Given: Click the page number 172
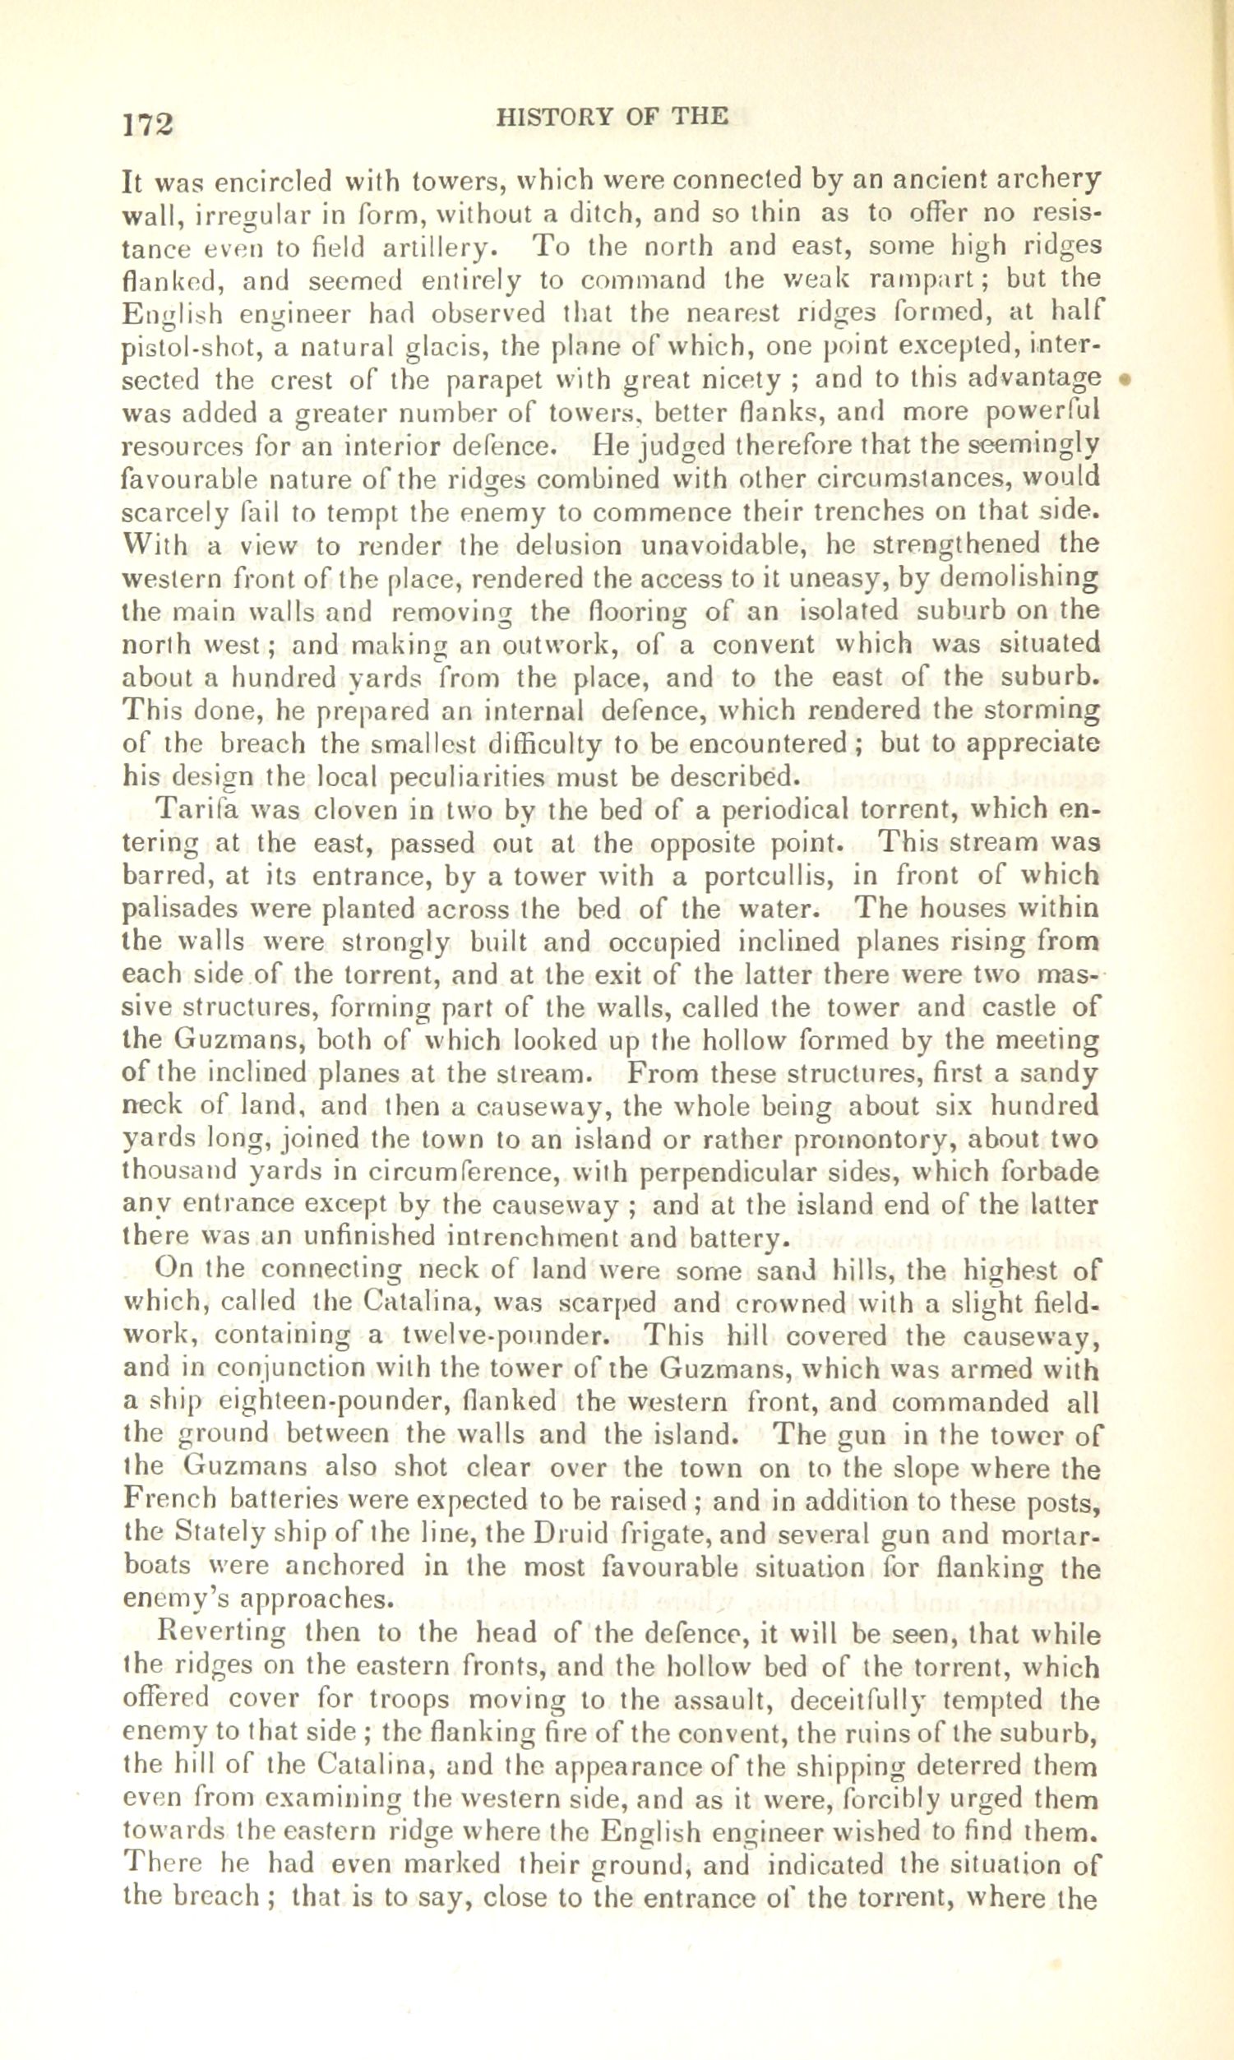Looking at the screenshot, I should (x=147, y=124).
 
